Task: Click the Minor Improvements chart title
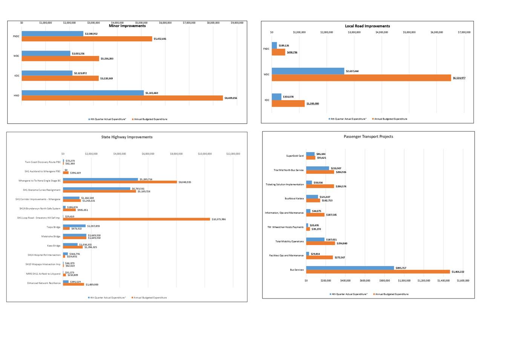127,26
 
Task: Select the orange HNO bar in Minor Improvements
122,98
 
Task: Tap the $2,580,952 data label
91,34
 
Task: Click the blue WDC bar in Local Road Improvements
308,71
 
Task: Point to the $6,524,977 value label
459,78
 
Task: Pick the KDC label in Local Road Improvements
267,100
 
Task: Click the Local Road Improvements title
367,26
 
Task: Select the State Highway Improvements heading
127,137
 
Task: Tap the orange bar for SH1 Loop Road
136,219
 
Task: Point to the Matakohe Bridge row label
51,237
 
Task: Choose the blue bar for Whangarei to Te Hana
100,179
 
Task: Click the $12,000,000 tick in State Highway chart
233,154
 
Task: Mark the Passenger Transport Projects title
368,136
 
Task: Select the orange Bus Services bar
378,272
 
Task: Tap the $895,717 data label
401,268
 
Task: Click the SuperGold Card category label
295,156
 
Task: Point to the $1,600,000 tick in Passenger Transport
463,280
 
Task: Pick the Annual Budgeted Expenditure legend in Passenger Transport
391,294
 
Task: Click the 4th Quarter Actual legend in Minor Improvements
107,119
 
